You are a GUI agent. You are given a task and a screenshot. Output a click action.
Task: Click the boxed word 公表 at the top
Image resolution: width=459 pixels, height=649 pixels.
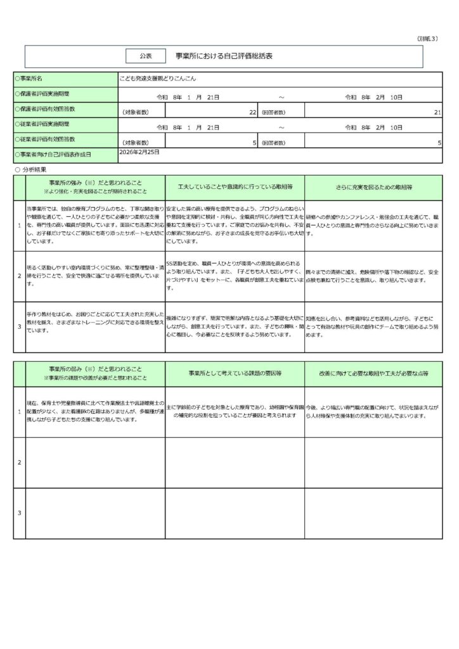[146, 56]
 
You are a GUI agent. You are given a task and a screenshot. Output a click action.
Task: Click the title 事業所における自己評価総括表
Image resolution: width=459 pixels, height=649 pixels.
[224, 56]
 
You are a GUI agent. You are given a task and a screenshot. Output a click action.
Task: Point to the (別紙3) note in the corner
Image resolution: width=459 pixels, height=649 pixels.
[429, 39]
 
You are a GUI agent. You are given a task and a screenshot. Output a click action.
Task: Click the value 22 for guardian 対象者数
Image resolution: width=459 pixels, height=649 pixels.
[252, 112]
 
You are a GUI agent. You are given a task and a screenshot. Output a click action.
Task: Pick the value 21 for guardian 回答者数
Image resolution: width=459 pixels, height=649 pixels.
[437, 112]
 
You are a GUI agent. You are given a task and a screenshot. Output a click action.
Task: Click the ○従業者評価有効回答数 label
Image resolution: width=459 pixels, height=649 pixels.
[44, 139]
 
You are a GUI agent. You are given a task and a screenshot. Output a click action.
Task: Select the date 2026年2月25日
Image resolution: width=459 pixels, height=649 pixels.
[139, 153]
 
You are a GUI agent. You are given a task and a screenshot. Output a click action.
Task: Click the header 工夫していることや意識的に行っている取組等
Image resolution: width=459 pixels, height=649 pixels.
[235, 188]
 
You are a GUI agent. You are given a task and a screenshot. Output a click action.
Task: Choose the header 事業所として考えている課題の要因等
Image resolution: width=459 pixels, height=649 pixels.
[235, 373]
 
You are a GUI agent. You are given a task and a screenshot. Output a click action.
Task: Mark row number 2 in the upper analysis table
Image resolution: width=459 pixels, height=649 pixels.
[20, 276]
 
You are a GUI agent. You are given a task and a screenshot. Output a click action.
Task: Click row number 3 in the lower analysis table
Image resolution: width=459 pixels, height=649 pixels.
[20, 513]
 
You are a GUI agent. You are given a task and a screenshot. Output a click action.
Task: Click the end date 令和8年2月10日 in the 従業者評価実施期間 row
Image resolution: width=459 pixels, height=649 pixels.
[374, 127]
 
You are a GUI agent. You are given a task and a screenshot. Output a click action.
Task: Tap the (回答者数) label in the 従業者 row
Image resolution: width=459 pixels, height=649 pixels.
[273, 143]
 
